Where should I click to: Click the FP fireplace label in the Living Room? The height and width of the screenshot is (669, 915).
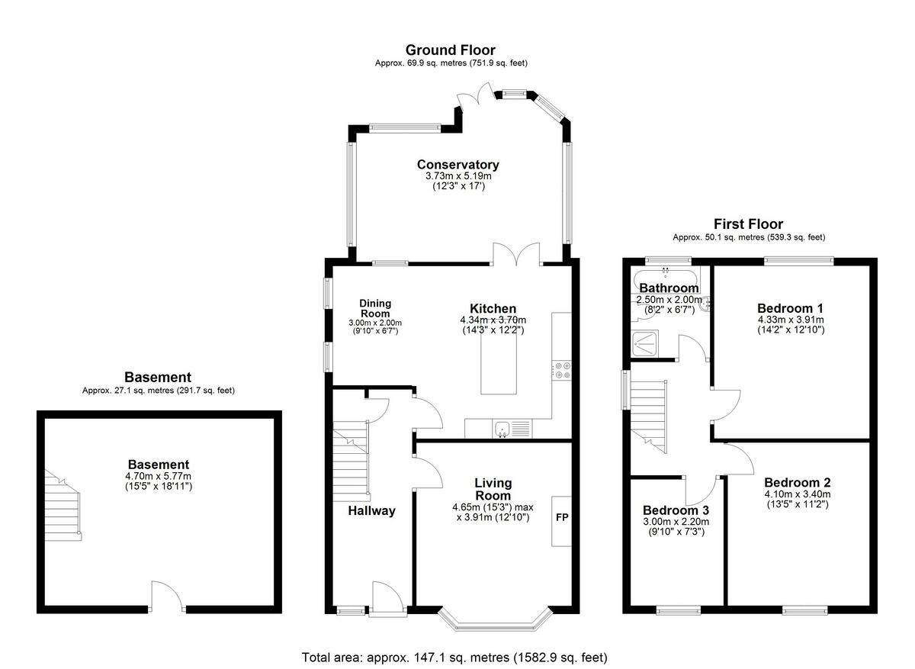pyautogui.click(x=562, y=518)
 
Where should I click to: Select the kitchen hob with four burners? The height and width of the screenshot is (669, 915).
pyautogui.click(x=562, y=370)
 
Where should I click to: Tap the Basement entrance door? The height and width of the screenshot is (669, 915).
pyautogui.click(x=168, y=597)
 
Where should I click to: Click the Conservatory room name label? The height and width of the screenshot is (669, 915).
pyautogui.click(x=457, y=165)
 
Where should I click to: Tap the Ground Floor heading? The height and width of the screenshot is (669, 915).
pyautogui.click(x=450, y=50)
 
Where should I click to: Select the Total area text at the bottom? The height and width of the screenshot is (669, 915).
pyautogui.click(x=454, y=657)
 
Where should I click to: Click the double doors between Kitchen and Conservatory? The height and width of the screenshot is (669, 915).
pyautogui.click(x=517, y=254)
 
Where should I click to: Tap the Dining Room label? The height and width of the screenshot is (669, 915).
pyautogui.click(x=374, y=308)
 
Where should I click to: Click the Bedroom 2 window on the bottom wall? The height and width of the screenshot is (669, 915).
pyautogui.click(x=804, y=609)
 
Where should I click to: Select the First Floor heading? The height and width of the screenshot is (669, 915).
pyautogui.click(x=748, y=224)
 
